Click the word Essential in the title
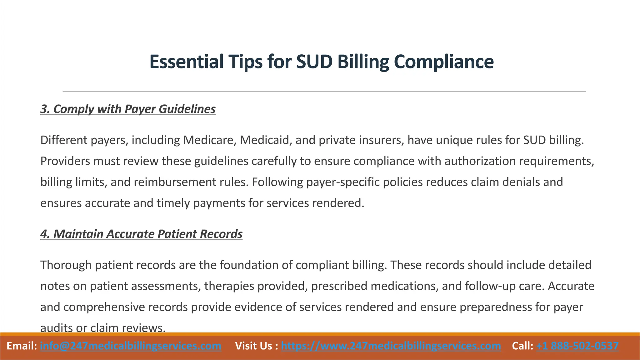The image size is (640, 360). (186, 62)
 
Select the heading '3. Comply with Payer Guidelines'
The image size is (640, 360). (128, 109)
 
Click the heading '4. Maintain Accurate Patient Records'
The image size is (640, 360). (141, 234)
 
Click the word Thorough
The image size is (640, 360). (66, 265)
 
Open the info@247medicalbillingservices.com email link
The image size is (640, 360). (131, 346)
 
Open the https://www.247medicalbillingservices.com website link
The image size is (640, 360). (391, 346)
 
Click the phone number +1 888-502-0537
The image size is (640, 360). (577, 346)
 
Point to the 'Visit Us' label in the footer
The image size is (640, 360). (255, 346)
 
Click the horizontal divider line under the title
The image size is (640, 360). (324, 91)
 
